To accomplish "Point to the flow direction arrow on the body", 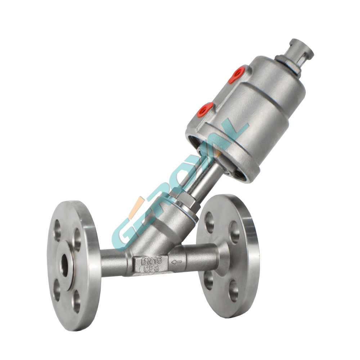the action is (176, 262).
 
